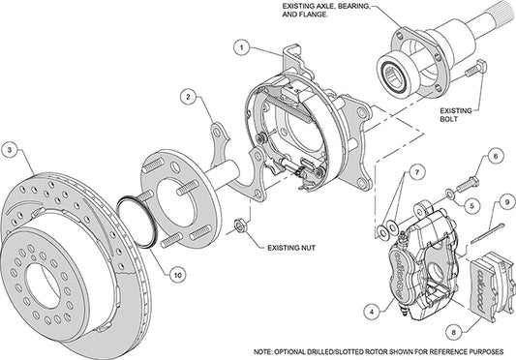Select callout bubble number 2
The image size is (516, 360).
pyautogui.click(x=190, y=97)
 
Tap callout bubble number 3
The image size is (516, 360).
pyautogui.click(x=10, y=150)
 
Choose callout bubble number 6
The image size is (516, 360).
pyautogui.click(x=493, y=156)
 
